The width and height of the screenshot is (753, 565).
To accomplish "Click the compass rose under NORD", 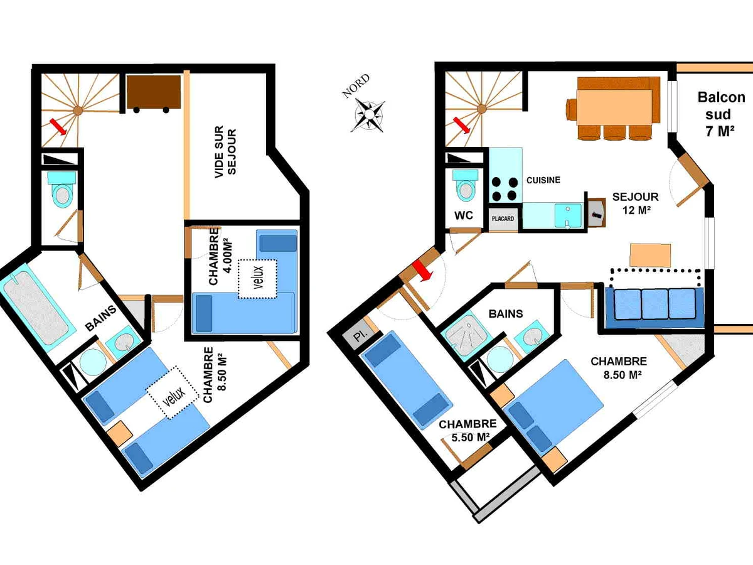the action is (x=368, y=116).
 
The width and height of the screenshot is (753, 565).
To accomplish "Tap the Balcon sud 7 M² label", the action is (x=721, y=114).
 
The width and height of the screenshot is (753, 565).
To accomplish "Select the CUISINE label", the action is (x=543, y=180).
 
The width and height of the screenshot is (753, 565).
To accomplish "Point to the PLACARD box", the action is (x=503, y=219).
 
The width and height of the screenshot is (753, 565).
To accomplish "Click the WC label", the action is (x=464, y=215).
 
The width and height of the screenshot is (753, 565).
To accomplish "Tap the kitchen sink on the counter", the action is (x=568, y=216).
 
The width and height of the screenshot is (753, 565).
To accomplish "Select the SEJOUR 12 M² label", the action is (x=635, y=203).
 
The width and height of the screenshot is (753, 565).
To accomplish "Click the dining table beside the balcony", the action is (x=614, y=107).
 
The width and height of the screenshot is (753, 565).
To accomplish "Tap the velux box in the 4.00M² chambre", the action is (x=258, y=279).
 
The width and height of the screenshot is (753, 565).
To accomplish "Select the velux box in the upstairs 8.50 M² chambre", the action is (x=173, y=393).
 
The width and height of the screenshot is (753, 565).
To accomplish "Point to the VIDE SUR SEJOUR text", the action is (x=225, y=152).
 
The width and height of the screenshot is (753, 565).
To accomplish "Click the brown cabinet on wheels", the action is (x=153, y=94).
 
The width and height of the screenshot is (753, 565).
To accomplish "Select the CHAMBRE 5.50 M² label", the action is (x=467, y=431).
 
